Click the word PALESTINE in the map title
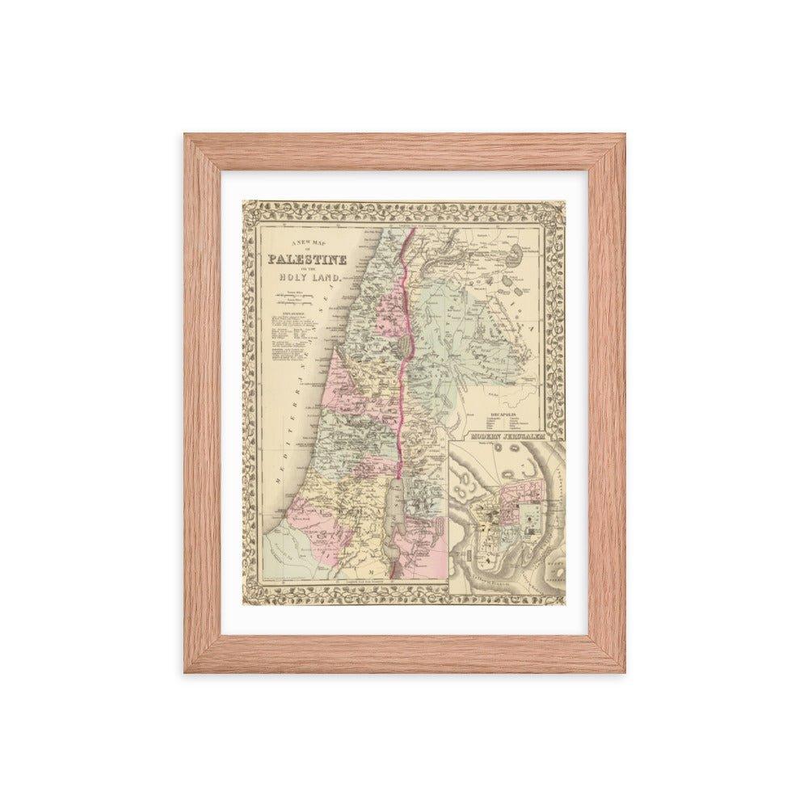tap(308, 260)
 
